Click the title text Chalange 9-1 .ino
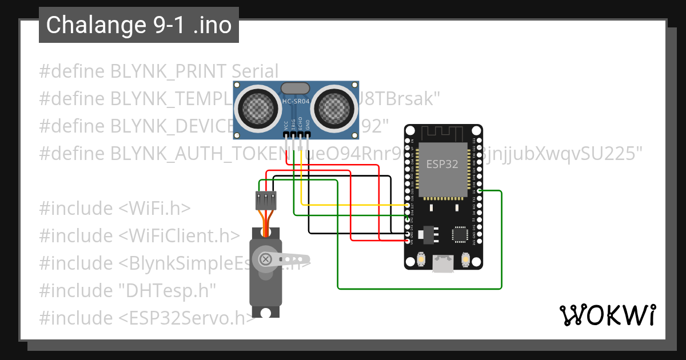point(139,25)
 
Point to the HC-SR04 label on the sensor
point(296,102)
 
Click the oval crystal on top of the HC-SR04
point(296,88)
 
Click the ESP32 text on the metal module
point(442,165)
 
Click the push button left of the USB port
point(421,259)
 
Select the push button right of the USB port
point(465,259)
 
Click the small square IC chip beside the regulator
point(460,234)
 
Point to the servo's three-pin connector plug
point(266,201)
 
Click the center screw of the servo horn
point(266,259)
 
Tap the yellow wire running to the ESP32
point(354,205)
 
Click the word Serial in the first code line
point(255,71)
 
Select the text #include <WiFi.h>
point(114,208)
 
